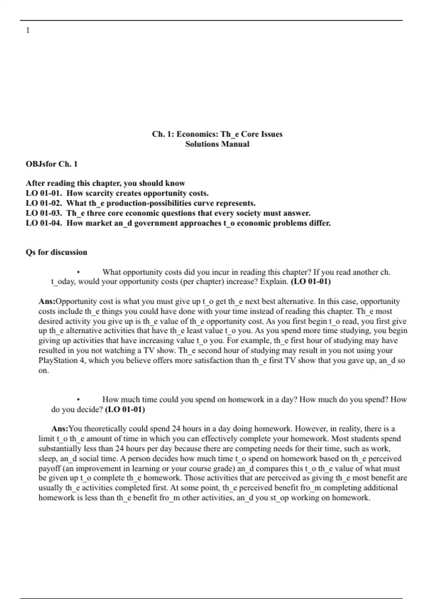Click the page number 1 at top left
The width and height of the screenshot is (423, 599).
(28, 31)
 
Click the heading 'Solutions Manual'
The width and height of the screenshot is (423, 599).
(217, 144)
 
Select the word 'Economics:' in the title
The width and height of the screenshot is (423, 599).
(197, 134)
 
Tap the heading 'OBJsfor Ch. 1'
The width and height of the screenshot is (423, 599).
(51, 164)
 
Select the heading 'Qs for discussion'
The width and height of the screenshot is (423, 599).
(56, 252)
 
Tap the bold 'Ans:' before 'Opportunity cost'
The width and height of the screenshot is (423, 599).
(47, 302)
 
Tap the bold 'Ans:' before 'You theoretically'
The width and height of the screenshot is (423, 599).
(60, 429)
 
